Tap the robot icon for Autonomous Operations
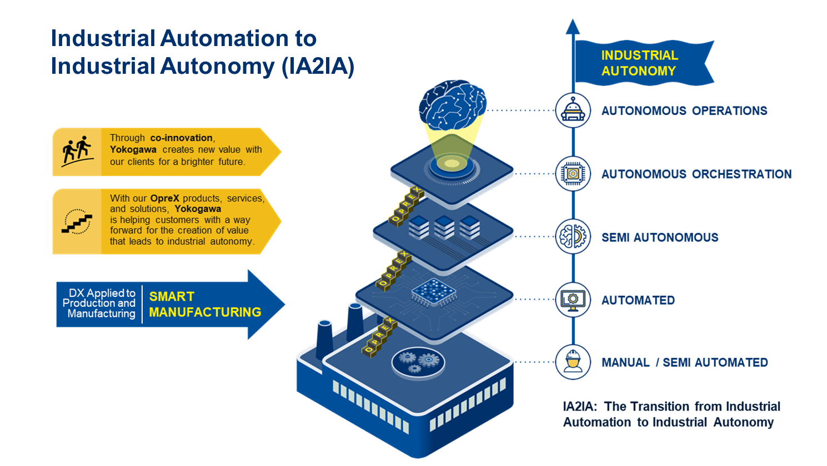(x=573, y=110)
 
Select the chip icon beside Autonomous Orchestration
(x=573, y=174)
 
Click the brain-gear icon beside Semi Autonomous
(x=573, y=237)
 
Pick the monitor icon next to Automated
(x=573, y=300)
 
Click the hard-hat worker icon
(x=573, y=362)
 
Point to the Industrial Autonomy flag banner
(x=641, y=63)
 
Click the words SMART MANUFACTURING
(x=205, y=305)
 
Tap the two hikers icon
(x=77, y=151)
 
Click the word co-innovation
(x=181, y=138)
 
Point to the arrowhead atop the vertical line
(x=573, y=26)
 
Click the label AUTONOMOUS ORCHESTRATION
(x=696, y=174)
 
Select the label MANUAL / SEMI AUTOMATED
(x=684, y=362)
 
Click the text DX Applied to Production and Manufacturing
(x=99, y=303)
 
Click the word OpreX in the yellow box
(x=164, y=198)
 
